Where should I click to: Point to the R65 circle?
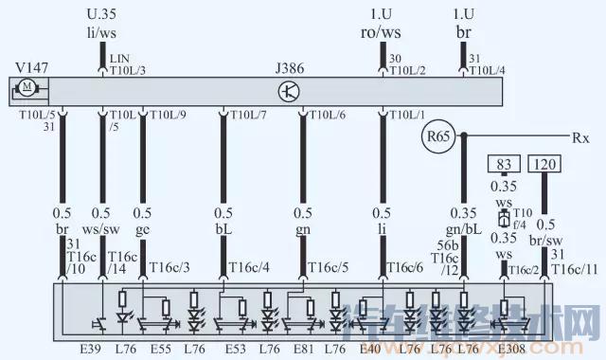point(438,138)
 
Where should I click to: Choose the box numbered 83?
point(504,165)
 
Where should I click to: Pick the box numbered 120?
point(545,165)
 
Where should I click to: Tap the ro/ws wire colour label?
point(382,33)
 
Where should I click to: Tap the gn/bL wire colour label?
point(463,228)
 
